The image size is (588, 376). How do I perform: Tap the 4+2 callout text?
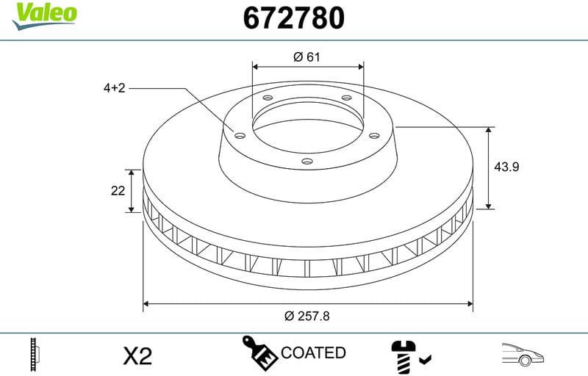tap(115, 88)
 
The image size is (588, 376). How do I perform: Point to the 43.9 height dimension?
tap(506, 167)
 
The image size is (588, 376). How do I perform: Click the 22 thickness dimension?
tap(117, 191)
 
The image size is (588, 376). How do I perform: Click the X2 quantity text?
tap(137, 355)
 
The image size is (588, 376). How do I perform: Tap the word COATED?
tap(313, 353)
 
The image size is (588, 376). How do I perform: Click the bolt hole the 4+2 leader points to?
tap(238, 134)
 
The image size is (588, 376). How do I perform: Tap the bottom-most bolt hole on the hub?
tap(306, 164)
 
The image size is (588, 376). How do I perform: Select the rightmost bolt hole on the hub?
tap(373, 134)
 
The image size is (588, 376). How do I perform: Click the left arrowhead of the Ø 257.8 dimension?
tap(147, 302)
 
